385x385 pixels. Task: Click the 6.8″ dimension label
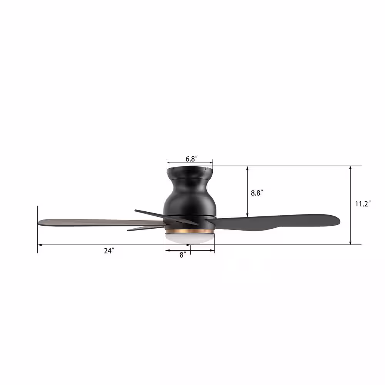(191, 159)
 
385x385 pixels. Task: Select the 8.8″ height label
(257, 193)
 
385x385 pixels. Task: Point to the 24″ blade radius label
(109, 251)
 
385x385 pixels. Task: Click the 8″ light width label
(183, 255)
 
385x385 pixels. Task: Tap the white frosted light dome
(189, 238)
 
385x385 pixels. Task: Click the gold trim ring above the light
(189, 231)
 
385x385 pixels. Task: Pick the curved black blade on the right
(275, 222)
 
